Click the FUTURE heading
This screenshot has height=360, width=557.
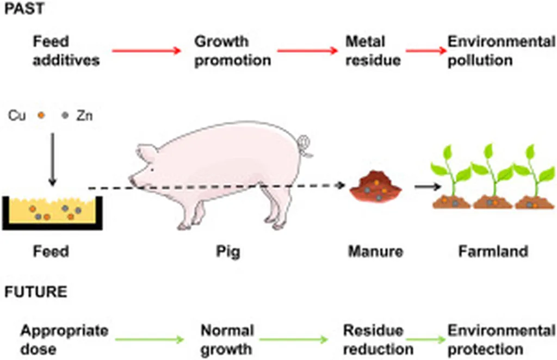click(x=36, y=292)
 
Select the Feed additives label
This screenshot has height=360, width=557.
click(x=66, y=51)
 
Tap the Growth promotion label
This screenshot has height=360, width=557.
click(x=232, y=51)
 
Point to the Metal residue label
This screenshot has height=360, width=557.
click(x=373, y=51)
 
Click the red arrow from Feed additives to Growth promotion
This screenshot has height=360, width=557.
click(x=146, y=51)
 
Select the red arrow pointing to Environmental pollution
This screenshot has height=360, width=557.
click(x=425, y=51)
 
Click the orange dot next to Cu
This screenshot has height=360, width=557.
click(x=40, y=115)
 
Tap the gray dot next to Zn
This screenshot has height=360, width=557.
click(x=66, y=115)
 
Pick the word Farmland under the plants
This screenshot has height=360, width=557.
click(x=493, y=251)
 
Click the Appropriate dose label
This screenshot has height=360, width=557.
click(x=64, y=339)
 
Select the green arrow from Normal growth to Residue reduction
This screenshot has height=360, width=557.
click(x=294, y=340)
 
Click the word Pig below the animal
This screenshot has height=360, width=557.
click(x=227, y=252)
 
